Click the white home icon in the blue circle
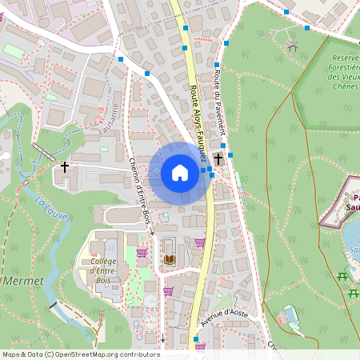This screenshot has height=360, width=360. (x=180, y=172)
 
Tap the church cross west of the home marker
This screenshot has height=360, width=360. (x=65, y=167)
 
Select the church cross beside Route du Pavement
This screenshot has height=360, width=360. (x=218, y=159)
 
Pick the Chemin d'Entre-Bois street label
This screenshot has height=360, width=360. (x=138, y=189)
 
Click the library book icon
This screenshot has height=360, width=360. (x=169, y=259)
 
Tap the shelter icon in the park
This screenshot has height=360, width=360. (x=292, y=47)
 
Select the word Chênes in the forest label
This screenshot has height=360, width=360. (x=346, y=87)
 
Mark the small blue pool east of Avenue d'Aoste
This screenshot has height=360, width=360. (x=291, y=313)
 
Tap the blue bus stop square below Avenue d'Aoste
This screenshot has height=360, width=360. (x=196, y=339)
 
